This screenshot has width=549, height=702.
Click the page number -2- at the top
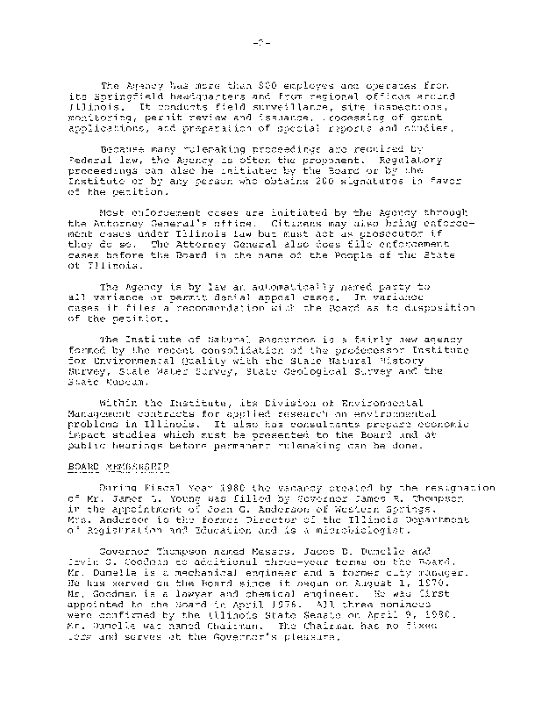point(274,42)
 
